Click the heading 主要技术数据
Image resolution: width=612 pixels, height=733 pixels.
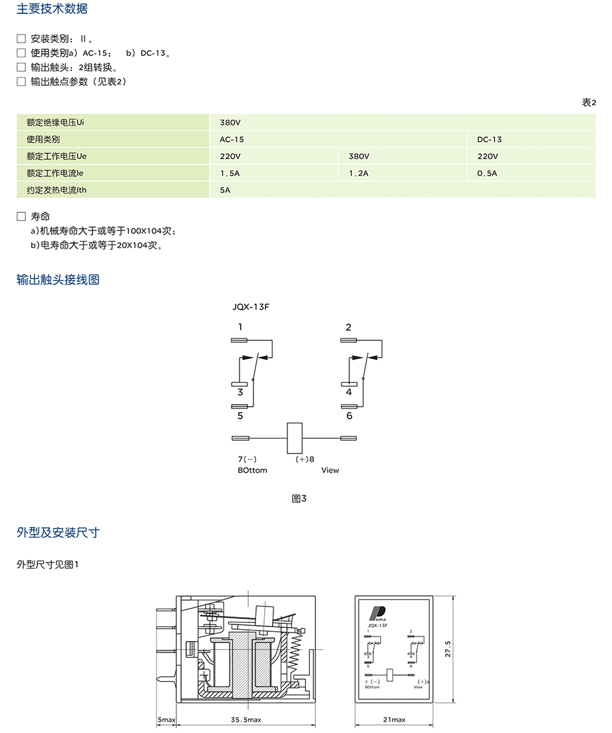[x=52, y=9]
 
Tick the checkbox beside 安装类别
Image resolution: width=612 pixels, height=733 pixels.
[x=21, y=39]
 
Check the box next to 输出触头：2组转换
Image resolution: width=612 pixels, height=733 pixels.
[x=21, y=67]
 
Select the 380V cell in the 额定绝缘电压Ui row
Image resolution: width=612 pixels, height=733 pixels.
[x=230, y=122]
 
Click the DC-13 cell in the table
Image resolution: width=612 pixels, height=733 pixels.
[x=490, y=140]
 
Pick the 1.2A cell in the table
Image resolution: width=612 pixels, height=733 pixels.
[x=359, y=173]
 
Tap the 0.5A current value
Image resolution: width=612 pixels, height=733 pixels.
[x=487, y=173]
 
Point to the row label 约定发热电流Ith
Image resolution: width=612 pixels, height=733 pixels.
[x=57, y=190]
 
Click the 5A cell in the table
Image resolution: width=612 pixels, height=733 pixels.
[x=225, y=190]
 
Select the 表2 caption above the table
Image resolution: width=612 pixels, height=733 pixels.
[x=589, y=103]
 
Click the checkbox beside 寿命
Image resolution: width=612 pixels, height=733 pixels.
[x=21, y=217]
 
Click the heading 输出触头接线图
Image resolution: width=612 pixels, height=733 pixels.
[x=58, y=280]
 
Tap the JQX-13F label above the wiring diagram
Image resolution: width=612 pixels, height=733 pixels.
[x=250, y=307]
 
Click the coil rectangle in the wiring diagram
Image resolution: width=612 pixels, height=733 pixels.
[x=294, y=439]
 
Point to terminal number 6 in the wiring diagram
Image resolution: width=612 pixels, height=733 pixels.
[x=349, y=416]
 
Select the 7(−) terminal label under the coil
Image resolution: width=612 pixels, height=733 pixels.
[x=247, y=459]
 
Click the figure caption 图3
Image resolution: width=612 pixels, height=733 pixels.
[x=299, y=498]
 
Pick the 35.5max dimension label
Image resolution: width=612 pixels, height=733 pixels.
[x=246, y=720]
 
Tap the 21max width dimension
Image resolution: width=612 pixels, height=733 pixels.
[x=394, y=720]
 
